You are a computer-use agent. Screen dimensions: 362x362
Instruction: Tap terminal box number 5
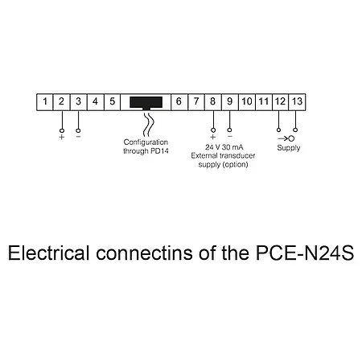pos(112,101)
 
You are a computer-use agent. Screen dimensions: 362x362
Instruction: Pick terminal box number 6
pos(178,101)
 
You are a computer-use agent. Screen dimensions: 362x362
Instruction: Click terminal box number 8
pos(212,101)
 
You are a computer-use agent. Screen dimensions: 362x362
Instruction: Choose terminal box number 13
pos(297,101)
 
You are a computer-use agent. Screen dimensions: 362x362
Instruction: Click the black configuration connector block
pos(146,102)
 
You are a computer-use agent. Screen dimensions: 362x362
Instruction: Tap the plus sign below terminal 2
pos(61,137)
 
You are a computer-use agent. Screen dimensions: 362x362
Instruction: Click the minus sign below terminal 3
pos(78,136)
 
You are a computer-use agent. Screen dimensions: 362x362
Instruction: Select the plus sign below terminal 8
pos(212,137)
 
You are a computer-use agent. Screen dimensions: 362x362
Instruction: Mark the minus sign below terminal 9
pos(229,136)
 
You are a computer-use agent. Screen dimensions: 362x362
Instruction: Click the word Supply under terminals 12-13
pos(289,148)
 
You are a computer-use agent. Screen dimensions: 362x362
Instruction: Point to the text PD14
pos(158,149)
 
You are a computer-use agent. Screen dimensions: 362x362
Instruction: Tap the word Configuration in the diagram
pos(145,142)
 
